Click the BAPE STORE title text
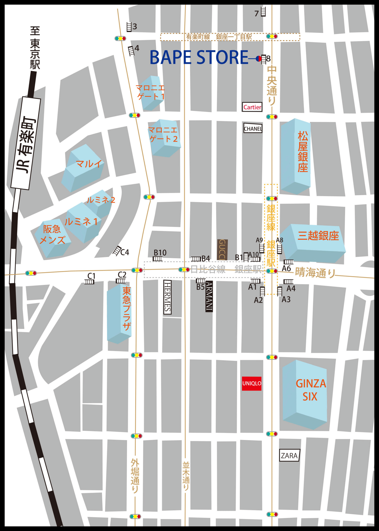[199, 57]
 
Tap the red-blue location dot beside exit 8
[258, 58]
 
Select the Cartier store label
[252, 107]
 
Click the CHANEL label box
[253, 129]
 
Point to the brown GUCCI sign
[222, 250]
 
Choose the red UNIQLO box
[251, 383]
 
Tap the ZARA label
[289, 456]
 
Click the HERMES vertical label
[167, 297]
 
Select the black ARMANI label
[209, 296]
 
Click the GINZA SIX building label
[310, 390]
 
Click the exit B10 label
[160, 252]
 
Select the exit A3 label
[286, 299]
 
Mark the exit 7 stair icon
[263, 12]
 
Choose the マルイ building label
[89, 164]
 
